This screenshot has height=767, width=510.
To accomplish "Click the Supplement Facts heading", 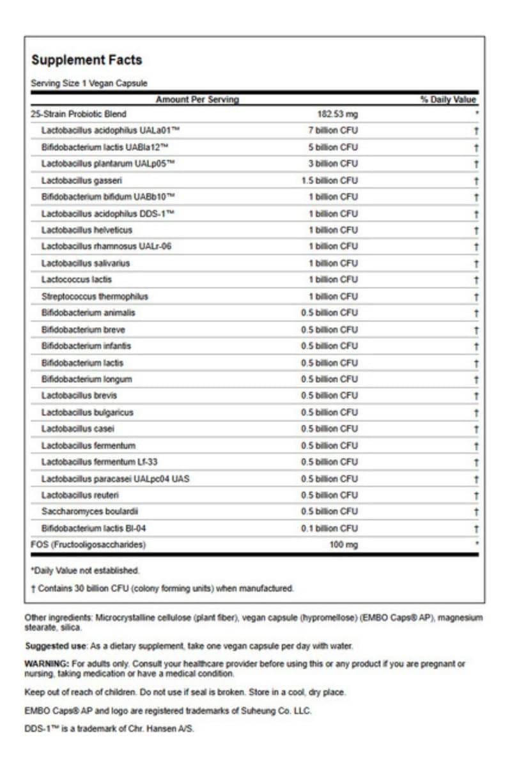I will click(87, 60).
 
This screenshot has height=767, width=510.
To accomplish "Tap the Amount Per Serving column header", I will click(197, 100).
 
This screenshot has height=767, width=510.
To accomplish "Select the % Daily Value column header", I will click(448, 100).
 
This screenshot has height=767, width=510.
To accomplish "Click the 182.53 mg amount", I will click(338, 114).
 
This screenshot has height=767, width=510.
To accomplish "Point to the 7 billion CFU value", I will click(333, 130).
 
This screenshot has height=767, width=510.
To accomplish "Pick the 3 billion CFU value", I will click(333, 164).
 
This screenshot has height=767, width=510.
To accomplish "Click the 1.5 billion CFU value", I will click(330, 180).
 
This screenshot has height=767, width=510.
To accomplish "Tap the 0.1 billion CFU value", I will click(330, 528).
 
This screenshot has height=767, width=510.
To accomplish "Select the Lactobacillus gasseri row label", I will click(82, 180).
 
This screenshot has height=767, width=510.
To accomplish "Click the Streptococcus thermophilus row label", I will click(95, 297).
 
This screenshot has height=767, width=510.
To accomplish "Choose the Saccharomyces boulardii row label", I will click(90, 511).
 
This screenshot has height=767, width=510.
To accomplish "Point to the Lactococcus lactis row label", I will click(77, 279).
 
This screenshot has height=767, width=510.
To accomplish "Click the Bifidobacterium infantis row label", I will click(86, 346).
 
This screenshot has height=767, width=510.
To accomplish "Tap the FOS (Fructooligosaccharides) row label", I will click(89, 545).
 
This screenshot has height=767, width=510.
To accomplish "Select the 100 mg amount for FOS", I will click(343, 545).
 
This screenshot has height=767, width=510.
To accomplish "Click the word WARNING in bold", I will click(46, 664).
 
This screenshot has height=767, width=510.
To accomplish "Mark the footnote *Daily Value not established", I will click(85, 570).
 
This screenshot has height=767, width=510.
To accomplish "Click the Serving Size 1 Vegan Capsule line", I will click(89, 83).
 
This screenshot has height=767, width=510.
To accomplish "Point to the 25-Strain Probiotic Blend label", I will click(79, 114).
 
